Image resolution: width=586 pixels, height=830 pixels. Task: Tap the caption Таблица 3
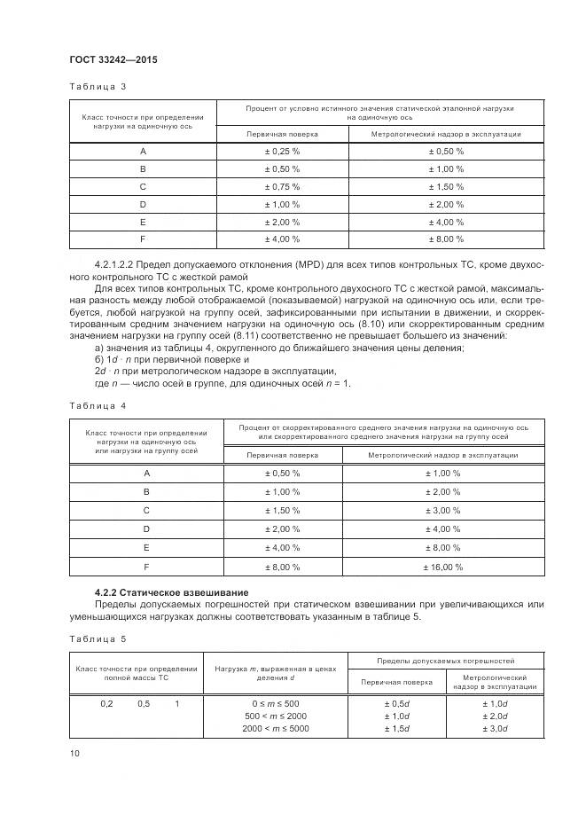point(98,87)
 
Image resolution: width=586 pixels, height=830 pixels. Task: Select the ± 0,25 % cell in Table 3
point(282,151)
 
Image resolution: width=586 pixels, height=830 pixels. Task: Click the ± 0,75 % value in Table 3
point(282,186)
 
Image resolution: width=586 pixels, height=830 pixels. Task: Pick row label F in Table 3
point(143,239)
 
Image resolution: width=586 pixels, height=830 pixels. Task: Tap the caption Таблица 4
point(98,405)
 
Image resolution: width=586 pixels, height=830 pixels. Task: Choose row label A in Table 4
point(146,474)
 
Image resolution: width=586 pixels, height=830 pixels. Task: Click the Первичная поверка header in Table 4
point(282,454)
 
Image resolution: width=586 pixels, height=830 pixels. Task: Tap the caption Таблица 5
point(98,638)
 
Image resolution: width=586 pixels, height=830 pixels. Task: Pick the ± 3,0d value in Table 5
point(494,728)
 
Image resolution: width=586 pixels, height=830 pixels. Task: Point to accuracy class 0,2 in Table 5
point(106,703)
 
